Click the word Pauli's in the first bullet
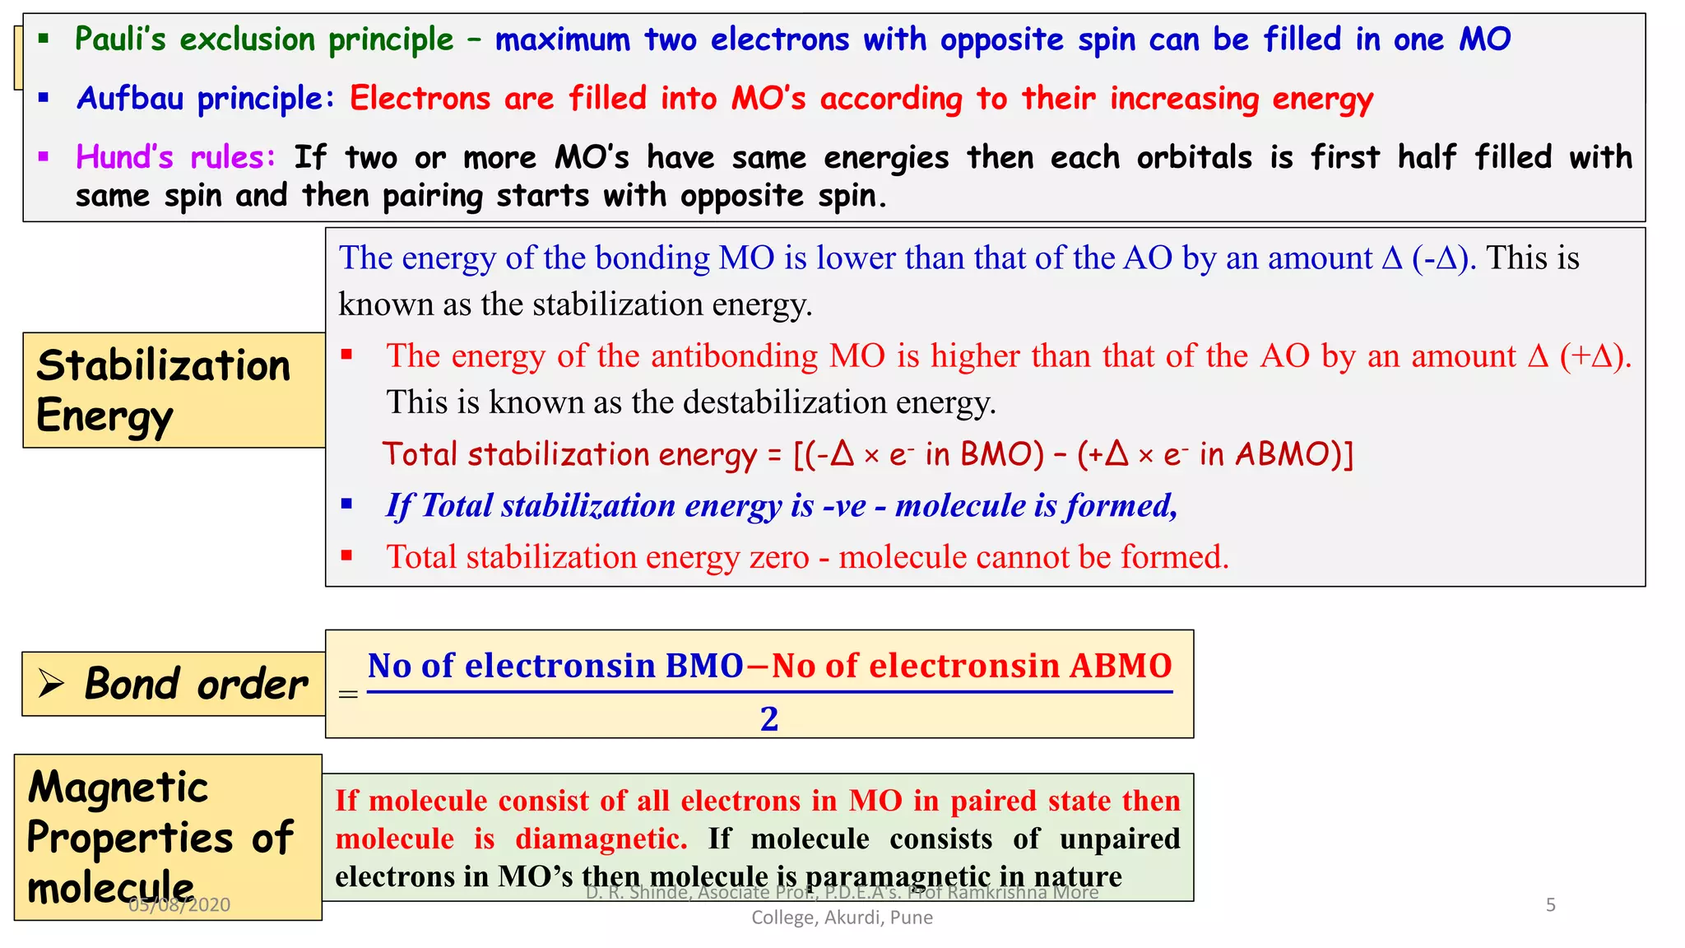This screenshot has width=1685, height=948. [x=120, y=39]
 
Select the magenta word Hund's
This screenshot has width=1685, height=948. [x=124, y=156]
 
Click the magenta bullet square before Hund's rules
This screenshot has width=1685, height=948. [x=44, y=156]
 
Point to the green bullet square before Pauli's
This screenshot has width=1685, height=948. [x=44, y=39]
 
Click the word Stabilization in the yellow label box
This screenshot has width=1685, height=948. [x=164, y=366]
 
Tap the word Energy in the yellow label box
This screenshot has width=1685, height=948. [x=104, y=416]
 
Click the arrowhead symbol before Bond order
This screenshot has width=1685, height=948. [x=51, y=683]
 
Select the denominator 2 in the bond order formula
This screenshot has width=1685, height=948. [x=769, y=719]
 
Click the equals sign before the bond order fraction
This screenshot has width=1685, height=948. [x=348, y=695]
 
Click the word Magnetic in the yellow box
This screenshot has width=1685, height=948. [x=118, y=788]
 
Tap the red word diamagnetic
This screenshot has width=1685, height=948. [x=601, y=839]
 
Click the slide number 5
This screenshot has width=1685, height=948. [x=1551, y=905]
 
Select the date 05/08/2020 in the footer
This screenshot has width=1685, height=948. [x=179, y=905]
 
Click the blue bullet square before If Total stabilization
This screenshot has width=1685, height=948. [x=347, y=504]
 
